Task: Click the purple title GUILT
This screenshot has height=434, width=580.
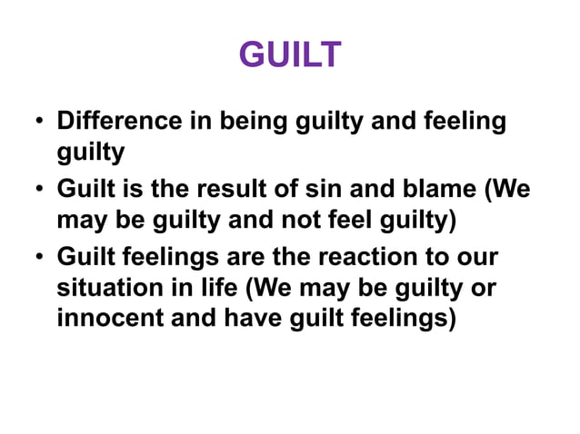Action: click(290, 56)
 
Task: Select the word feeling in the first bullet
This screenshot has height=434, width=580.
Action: click(459, 121)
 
